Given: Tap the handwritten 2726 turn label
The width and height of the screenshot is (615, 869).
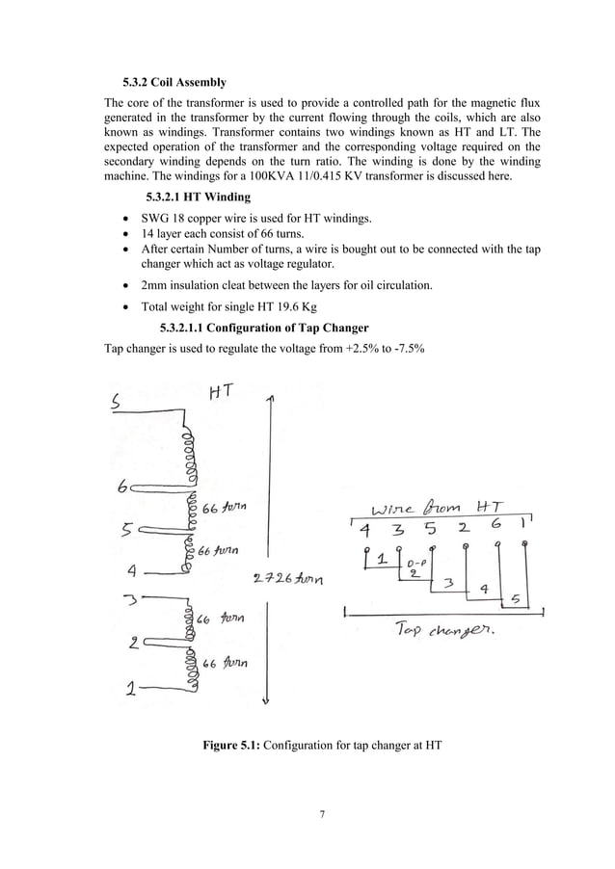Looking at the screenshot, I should pyautogui.click(x=286, y=579).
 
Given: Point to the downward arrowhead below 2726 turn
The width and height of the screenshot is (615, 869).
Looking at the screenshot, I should pyautogui.click(x=276, y=701).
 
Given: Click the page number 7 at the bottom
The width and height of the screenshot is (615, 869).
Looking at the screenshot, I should pyautogui.click(x=322, y=813).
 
